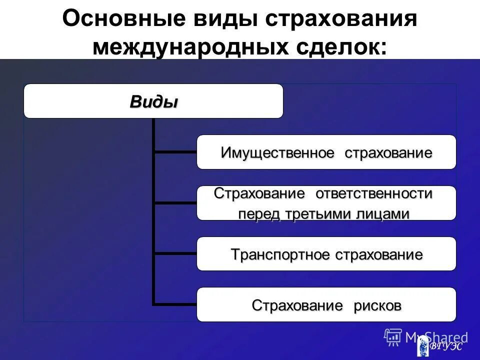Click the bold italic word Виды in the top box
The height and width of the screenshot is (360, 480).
point(153,102)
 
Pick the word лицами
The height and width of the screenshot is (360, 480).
point(383,214)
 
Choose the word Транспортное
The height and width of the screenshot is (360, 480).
point(280,254)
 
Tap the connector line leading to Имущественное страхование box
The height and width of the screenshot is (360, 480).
point(175,151)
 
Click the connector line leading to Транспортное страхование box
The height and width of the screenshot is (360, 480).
point(175,253)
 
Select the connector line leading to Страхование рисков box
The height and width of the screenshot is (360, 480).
point(175,303)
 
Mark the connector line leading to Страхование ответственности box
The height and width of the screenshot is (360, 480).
point(175,202)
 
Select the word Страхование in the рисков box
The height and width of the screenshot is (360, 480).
point(292,305)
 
